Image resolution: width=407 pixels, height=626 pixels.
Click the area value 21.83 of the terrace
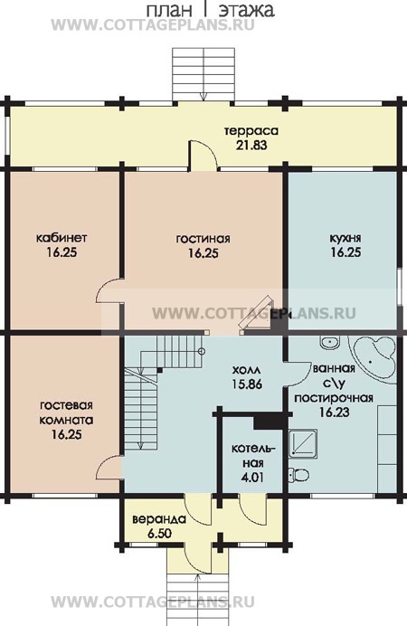point(251,145)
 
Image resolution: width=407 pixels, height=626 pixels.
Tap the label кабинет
point(62,238)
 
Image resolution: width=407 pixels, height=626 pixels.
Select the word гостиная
point(203,239)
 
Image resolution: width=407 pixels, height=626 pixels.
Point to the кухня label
point(345,238)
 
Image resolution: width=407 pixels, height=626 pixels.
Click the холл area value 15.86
point(248,384)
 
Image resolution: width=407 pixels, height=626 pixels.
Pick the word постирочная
point(334,398)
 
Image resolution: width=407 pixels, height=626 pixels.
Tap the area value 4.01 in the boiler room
point(252,478)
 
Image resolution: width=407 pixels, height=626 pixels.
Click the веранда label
point(159,519)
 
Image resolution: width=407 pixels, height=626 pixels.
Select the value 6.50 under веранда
point(159,534)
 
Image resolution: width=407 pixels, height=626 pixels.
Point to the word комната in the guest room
point(66,420)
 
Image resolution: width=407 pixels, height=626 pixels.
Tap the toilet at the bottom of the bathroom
point(298,475)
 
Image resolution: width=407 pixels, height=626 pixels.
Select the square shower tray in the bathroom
point(303,442)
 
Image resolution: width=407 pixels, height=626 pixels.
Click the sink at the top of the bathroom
point(329,342)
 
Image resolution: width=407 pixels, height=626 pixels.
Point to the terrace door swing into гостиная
point(203,155)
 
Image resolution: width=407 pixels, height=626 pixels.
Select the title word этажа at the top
point(246,10)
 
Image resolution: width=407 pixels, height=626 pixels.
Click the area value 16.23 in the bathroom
point(335,412)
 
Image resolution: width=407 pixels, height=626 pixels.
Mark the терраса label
point(251,131)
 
